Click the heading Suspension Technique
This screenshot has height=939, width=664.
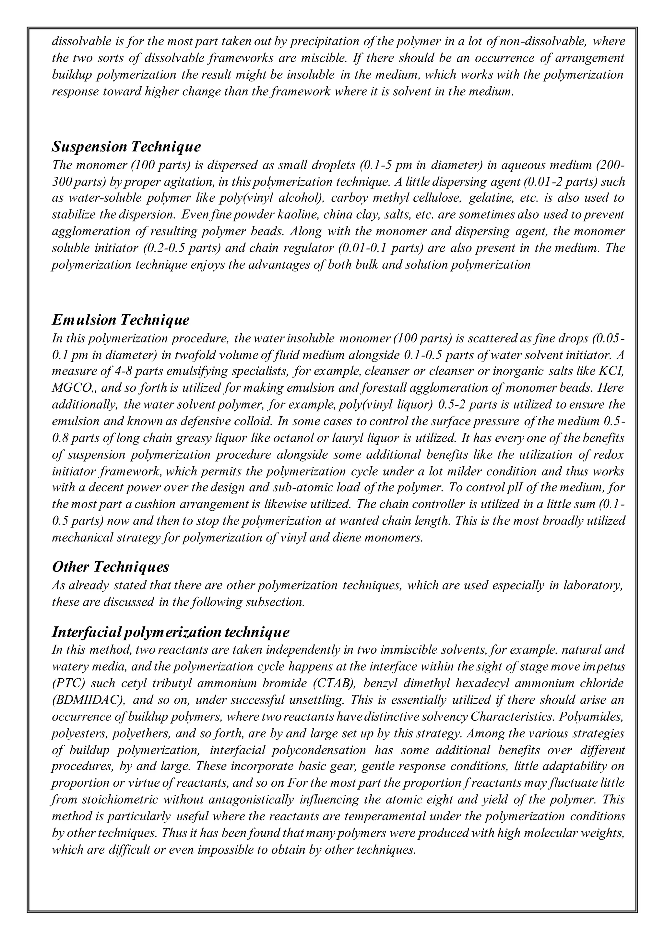point(126,147)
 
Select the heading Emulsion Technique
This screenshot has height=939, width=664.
point(121,319)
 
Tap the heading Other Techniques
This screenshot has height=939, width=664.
point(110,566)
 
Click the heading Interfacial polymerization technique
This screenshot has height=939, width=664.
point(171,632)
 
